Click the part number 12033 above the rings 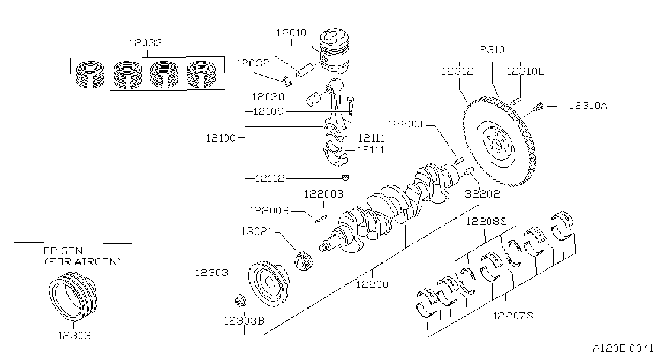[x=146, y=43]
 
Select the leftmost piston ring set [x=90, y=74]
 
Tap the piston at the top [x=334, y=51]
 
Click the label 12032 [x=253, y=63]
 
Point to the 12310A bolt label [x=588, y=106]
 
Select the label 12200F [x=406, y=124]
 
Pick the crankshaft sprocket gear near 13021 [x=304, y=261]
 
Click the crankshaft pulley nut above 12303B [x=240, y=301]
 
